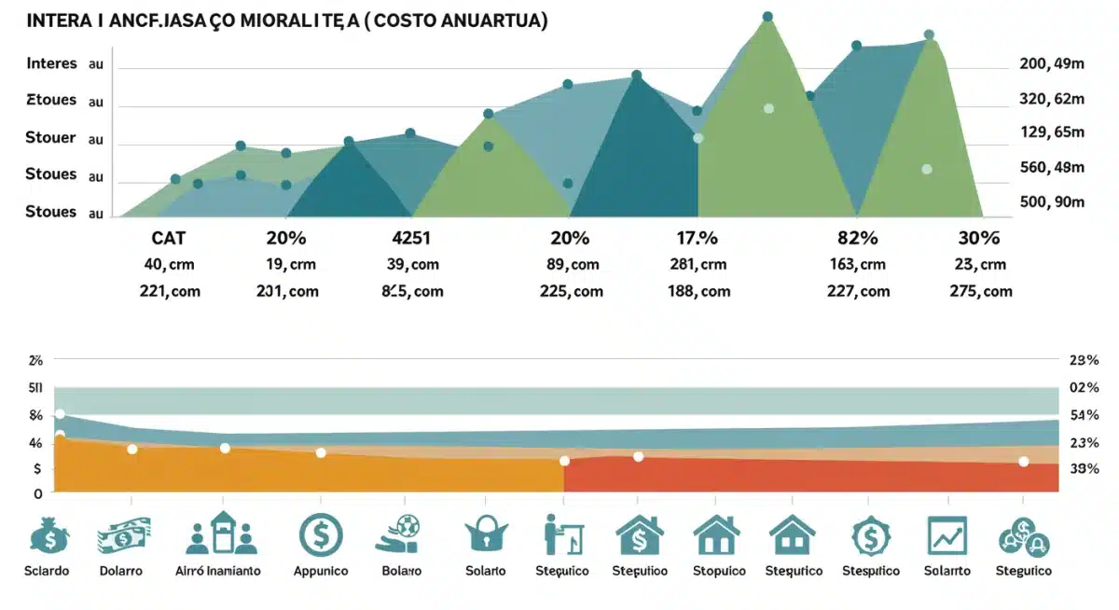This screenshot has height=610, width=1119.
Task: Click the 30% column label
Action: click(978, 238)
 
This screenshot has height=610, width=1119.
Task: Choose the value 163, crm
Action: click(857, 265)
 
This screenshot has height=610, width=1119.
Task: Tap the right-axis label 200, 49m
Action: click(1053, 63)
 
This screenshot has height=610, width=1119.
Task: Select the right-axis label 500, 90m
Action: click(1053, 201)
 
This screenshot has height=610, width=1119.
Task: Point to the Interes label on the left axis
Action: click(51, 63)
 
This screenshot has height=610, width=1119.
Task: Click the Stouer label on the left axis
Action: click(51, 138)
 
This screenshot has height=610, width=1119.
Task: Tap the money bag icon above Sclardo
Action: click(48, 536)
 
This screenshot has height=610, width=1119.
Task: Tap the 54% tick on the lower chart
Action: click(1084, 414)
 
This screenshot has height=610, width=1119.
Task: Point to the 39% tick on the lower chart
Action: click(1084, 469)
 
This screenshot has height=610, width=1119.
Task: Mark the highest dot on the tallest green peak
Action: click(767, 17)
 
